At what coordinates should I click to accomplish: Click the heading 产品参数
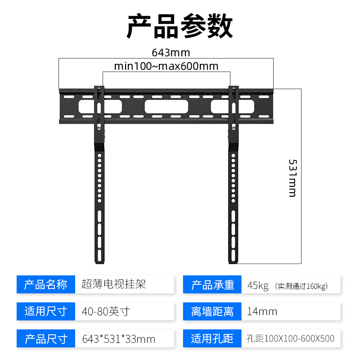point(180,26)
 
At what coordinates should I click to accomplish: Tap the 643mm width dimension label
point(164,52)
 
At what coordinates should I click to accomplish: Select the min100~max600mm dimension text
point(166,67)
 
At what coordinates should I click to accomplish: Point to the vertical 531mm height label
point(292,177)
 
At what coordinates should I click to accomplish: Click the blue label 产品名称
point(45,284)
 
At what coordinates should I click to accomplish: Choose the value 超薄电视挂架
point(114,284)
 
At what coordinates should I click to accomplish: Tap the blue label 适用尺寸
point(45,311)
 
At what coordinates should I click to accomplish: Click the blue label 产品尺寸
point(45,338)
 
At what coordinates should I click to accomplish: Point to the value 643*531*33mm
point(119,338)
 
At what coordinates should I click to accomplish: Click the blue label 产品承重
point(212,285)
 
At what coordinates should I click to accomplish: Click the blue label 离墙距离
point(212,311)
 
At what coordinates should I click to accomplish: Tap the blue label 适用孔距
point(212,338)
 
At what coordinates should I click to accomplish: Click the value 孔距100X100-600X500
point(290,338)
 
